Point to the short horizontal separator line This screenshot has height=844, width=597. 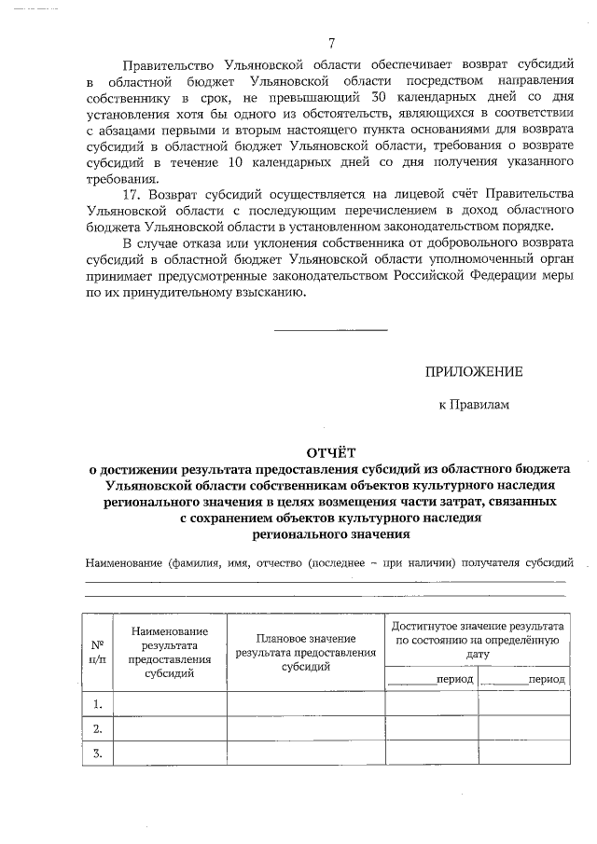(x=330, y=329)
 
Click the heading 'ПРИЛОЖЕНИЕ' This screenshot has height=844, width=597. (x=473, y=371)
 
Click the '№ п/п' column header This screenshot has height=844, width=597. (x=96, y=651)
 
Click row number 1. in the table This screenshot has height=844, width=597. (x=96, y=703)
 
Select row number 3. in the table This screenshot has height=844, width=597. (x=96, y=754)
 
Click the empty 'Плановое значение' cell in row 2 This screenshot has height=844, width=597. (x=306, y=728)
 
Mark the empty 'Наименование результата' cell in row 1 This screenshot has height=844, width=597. (x=169, y=703)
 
